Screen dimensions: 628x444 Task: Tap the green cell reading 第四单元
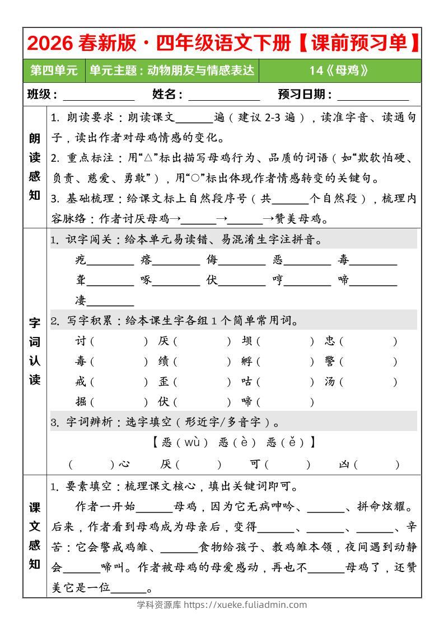click(54, 71)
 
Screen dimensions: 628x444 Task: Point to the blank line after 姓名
click(224, 95)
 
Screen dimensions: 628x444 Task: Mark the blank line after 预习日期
click(373, 95)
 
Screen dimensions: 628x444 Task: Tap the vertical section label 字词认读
click(35, 351)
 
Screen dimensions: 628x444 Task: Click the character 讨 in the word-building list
click(80, 341)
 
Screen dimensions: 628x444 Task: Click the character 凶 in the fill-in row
click(344, 463)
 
